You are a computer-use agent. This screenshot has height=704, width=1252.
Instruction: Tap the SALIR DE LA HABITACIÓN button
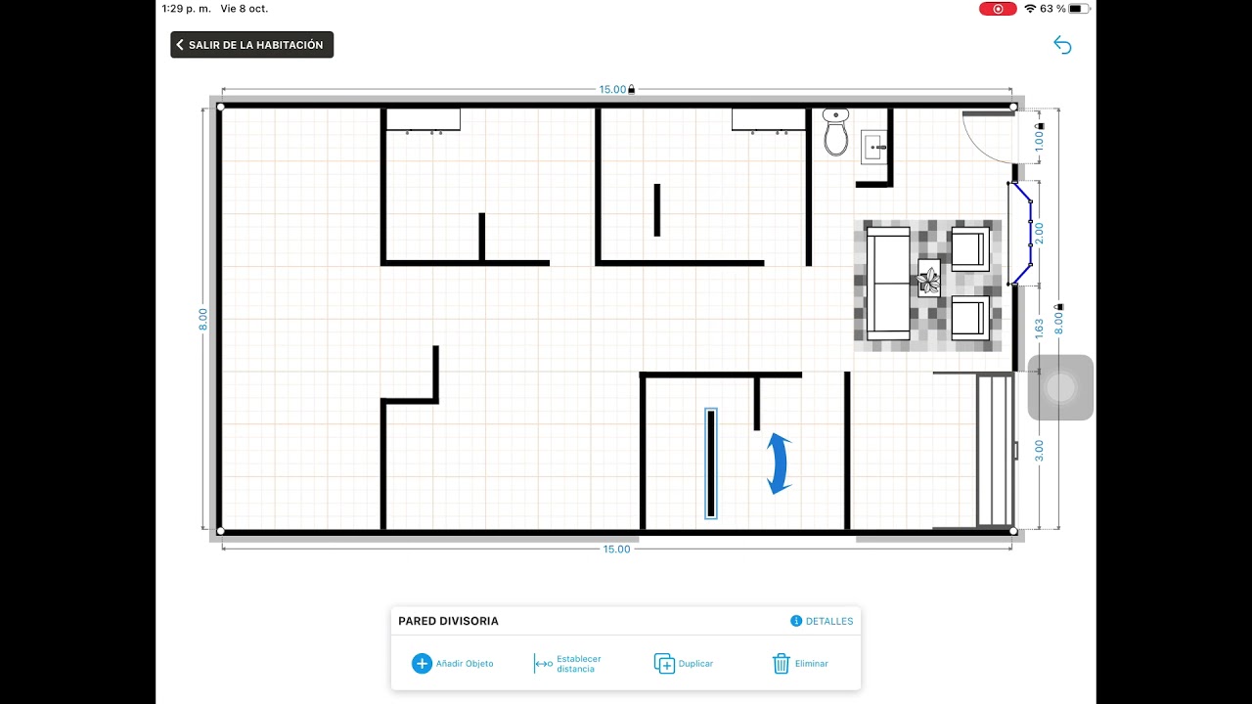point(252,45)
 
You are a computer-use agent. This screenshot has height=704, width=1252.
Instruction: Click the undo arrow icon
point(1062,45)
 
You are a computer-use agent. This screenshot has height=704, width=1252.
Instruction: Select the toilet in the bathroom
point(835,132)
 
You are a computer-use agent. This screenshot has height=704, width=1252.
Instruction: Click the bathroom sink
point(874,147)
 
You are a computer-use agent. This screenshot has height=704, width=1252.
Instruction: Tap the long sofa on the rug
point(888,284)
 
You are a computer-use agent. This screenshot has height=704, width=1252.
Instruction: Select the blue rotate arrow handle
point(779,463)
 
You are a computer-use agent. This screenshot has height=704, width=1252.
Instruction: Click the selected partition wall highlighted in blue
point(711,463)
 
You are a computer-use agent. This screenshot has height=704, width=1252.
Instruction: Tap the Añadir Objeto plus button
point(422,663)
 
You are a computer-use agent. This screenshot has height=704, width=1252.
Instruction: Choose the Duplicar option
point(684,663)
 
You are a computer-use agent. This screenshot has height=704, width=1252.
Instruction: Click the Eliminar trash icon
point(781,663)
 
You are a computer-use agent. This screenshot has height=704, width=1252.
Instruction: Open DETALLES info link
point(822,621)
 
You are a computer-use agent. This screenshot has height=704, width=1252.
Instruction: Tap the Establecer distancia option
point(568,663)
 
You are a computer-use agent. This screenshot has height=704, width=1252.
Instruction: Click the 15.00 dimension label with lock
point(617,89)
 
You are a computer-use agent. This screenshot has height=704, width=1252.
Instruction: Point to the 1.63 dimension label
point(1039,329)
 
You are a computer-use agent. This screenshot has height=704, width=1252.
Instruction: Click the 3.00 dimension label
point(1039,451)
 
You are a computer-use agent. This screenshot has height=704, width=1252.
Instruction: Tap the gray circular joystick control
point(1060,387)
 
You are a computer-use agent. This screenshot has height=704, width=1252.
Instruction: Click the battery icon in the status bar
point(1079,9)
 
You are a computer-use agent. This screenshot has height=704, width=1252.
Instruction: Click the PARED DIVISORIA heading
point(448,621)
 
